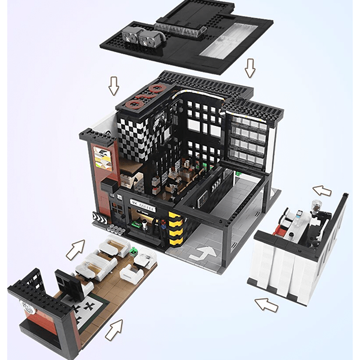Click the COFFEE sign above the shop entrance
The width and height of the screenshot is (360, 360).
point(142,208)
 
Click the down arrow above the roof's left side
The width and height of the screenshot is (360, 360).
point(113,86)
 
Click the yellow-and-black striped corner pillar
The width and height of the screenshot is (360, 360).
point(175,228)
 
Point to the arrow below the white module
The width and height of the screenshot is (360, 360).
point(266,305)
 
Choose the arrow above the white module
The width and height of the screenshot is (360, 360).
point(322,191)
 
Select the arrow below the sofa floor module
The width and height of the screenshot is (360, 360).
point(114,329)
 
